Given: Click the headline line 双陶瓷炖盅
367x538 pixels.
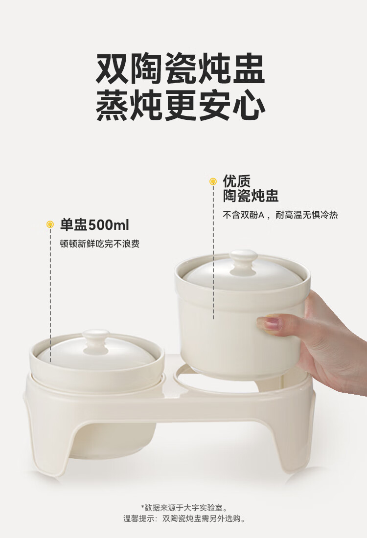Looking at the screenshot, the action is click(x=180, y=68).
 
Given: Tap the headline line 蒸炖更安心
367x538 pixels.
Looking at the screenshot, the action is click(x=180, y=105).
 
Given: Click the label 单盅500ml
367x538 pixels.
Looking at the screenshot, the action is click(x=95, y=225).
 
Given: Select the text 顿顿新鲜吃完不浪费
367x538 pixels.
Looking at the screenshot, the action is click(x=100, y=244).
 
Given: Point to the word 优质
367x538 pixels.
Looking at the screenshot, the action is click(x=237, y=181).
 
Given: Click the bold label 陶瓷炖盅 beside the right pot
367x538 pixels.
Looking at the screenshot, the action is click(x=251, y=196).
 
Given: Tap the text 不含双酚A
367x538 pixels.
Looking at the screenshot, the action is click(x=243, y=215).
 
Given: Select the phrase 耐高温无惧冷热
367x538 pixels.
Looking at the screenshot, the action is click(x=307, y=215).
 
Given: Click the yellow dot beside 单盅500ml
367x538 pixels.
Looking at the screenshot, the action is click(x=50, y=225).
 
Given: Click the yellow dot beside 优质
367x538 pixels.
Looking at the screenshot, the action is click(x=213, y=181).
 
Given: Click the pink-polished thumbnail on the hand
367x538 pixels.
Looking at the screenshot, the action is click(x=269, y=323).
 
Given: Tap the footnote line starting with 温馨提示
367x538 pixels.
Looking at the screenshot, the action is click(x=184, y=518).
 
